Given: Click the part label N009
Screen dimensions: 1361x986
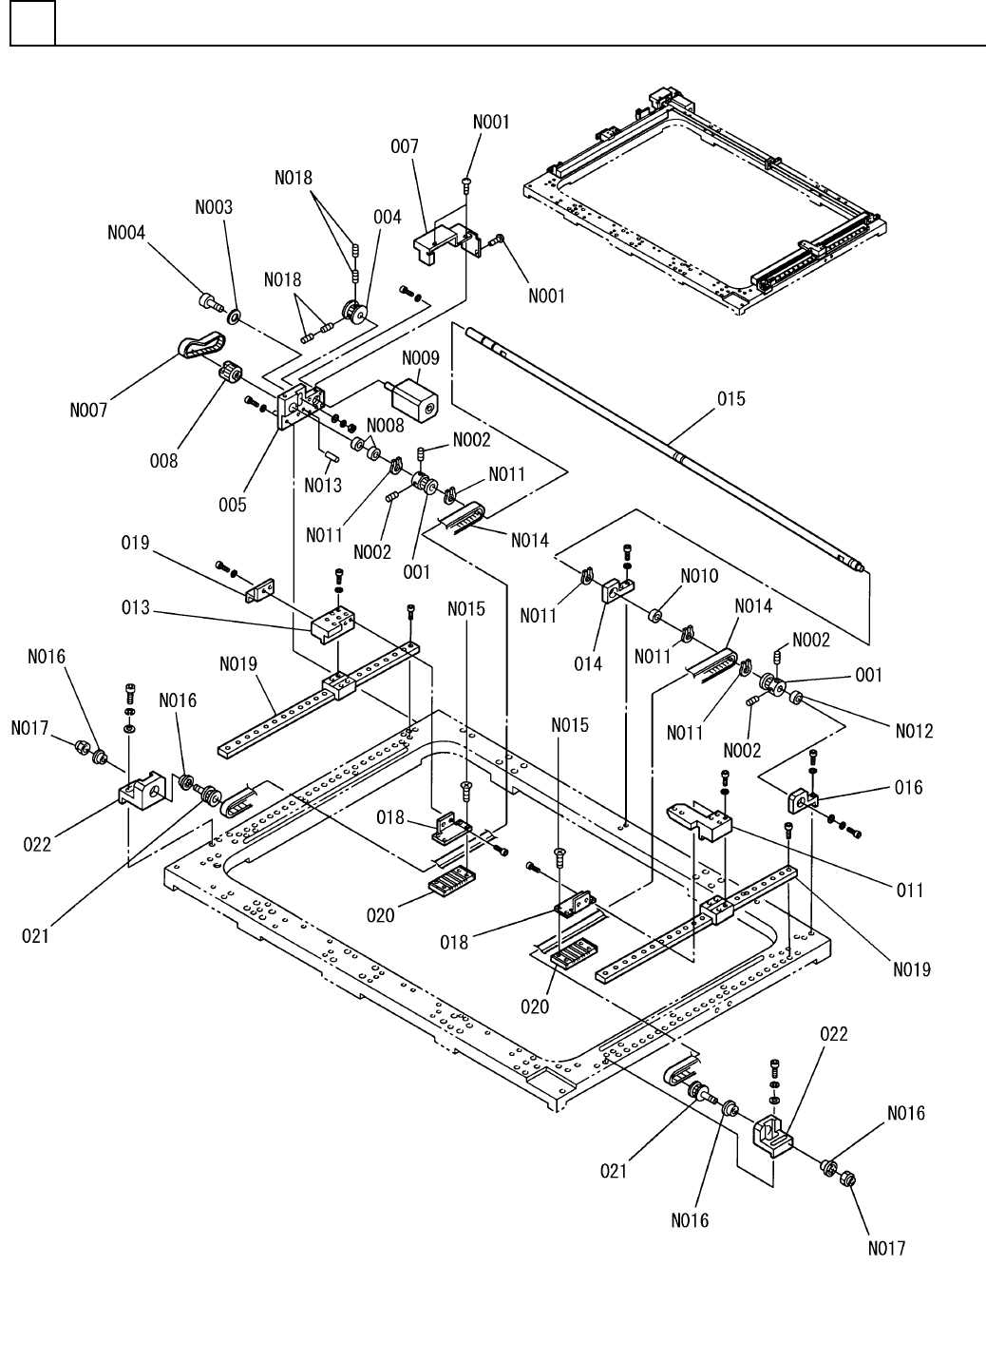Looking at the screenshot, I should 421,358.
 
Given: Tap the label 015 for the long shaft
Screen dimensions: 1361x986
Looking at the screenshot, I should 731,399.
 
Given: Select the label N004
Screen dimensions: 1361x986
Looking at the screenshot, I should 126,233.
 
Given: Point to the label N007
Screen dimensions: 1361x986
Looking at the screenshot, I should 88,411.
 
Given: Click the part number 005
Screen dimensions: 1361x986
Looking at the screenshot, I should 233,505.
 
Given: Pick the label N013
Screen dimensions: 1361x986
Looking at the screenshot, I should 323,486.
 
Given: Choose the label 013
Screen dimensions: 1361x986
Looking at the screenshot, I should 136,607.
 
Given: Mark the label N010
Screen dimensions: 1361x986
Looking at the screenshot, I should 700,576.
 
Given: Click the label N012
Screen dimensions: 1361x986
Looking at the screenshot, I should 914,730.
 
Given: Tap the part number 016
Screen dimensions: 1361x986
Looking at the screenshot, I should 908,787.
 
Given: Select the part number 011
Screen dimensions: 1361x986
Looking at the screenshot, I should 910,890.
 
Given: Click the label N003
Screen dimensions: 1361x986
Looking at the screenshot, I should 214,206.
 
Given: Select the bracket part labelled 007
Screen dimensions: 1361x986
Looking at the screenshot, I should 445,241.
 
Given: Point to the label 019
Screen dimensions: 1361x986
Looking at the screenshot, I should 136,543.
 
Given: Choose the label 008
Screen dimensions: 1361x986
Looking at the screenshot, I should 164,461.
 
